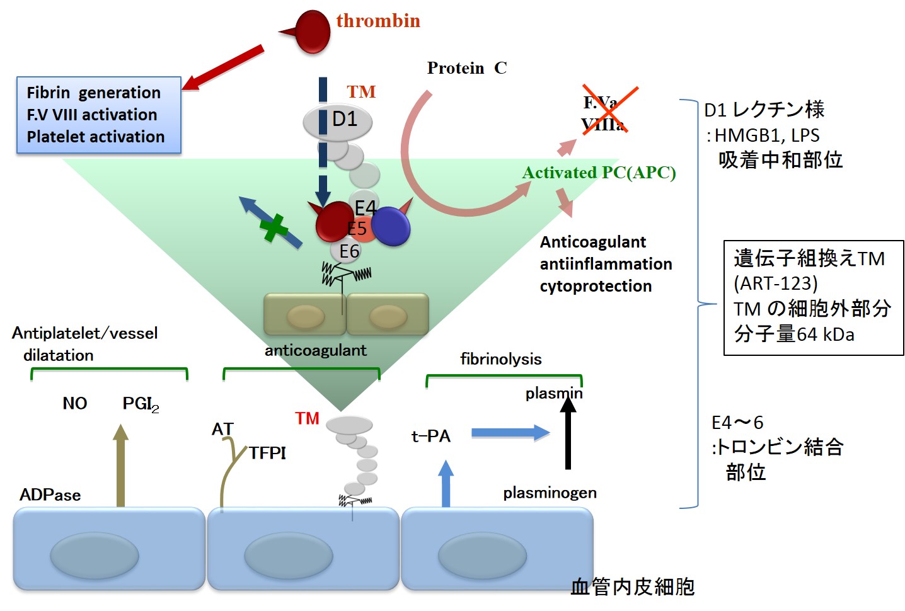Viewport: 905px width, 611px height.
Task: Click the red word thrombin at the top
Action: (378, 21)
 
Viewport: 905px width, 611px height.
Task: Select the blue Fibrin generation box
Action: (98, 115)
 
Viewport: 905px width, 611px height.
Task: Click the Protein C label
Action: (467, 68)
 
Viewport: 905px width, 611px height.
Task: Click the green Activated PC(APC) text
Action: (599, 173)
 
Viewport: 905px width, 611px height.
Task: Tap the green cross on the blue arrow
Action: (274, 228)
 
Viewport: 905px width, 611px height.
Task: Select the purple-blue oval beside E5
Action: (391, 226)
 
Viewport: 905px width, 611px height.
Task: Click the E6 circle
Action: (346, 251)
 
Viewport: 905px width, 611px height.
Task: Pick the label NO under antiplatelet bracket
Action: (75, 403)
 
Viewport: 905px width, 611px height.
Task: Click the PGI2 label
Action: (141, 404)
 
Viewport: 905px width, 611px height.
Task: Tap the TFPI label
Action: (267, 453)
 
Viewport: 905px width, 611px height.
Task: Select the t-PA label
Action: (430, 436)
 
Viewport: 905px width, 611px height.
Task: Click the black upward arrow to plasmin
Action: (568, 433)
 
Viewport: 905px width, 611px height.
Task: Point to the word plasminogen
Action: (550, 493)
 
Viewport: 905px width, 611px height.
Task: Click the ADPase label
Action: (50, 494)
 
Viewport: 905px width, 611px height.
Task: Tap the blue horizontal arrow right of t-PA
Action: (510, 433)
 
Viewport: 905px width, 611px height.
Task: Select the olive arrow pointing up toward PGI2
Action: (120, 465)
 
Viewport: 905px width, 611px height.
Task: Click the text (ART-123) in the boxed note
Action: (776, 283)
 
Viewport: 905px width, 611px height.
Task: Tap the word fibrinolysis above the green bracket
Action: (501, 359)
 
